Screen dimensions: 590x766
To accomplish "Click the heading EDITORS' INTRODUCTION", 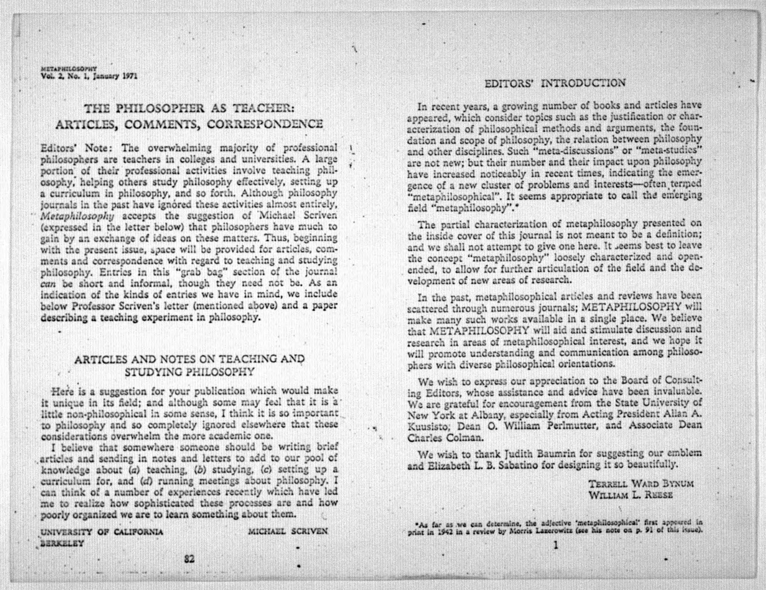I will pos(555,84).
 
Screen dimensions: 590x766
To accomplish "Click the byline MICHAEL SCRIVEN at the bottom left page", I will pos(288,532).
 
